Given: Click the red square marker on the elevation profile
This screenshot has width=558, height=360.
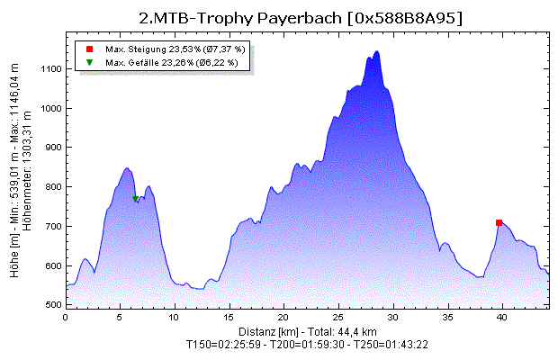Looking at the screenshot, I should pyautogui.click(x=499, y=222).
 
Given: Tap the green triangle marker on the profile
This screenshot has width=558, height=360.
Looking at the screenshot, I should pyautogui.click(x=136, y=199).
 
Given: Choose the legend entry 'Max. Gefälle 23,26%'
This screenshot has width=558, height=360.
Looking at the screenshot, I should pyautogui.click(x=171, y=63).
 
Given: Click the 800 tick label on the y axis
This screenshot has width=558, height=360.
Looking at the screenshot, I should pyautogui.click(x=52, y=187).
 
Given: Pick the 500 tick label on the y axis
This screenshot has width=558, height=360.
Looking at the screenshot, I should pyautogui.click(x=52, y=306).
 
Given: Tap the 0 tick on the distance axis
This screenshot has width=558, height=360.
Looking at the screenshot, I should pyautogui.click(x=66, y=318).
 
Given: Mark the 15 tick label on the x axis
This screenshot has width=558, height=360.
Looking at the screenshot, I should pyautogui.click(x=229, y=318).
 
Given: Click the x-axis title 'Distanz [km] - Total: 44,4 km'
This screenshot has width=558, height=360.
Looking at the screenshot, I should pyautogui.click(x=307, y=331).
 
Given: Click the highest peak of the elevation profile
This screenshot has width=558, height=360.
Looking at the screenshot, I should pyautogui.click(x=376, y=51).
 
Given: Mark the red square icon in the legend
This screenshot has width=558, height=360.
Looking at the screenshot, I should pyautogui.click(x=89, y=48).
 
